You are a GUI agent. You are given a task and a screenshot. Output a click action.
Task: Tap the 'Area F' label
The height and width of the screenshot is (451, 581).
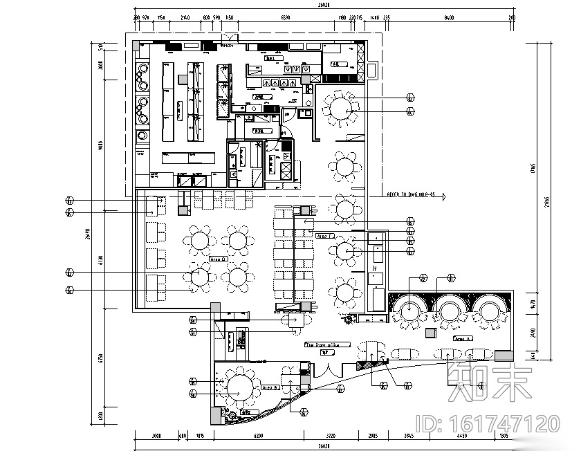pos(324,236)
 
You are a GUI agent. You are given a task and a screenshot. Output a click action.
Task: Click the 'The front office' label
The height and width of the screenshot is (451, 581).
pos(328,344)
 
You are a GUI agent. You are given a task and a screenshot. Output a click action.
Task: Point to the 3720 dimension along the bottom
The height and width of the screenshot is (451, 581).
pos(330,436)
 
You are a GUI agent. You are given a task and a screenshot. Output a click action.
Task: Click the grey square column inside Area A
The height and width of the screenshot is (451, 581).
pos(430,333)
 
